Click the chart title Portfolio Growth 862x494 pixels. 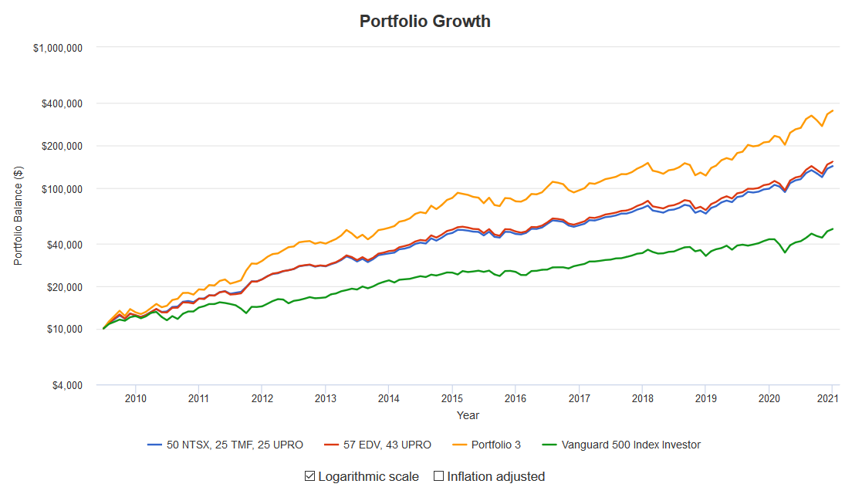tap(424, 21)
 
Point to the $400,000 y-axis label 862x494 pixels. tap(61, 103)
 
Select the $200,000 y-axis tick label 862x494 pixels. tap(61, 146)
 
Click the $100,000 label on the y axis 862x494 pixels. tap(61, 189)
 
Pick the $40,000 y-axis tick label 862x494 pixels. tap(63, 244)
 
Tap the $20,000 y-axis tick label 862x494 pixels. tap(63, 287)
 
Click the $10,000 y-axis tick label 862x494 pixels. tap(63, 330)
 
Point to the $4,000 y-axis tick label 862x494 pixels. tap(66, 385)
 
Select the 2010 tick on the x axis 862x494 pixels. tap(135, 398)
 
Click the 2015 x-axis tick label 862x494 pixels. tap(452, 398)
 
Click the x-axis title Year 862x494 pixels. tap(468, 415)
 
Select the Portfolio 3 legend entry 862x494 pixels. tap(492, 445)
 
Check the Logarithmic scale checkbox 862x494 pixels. tap(310, 476)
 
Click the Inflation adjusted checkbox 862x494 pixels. tap(438, 476)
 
